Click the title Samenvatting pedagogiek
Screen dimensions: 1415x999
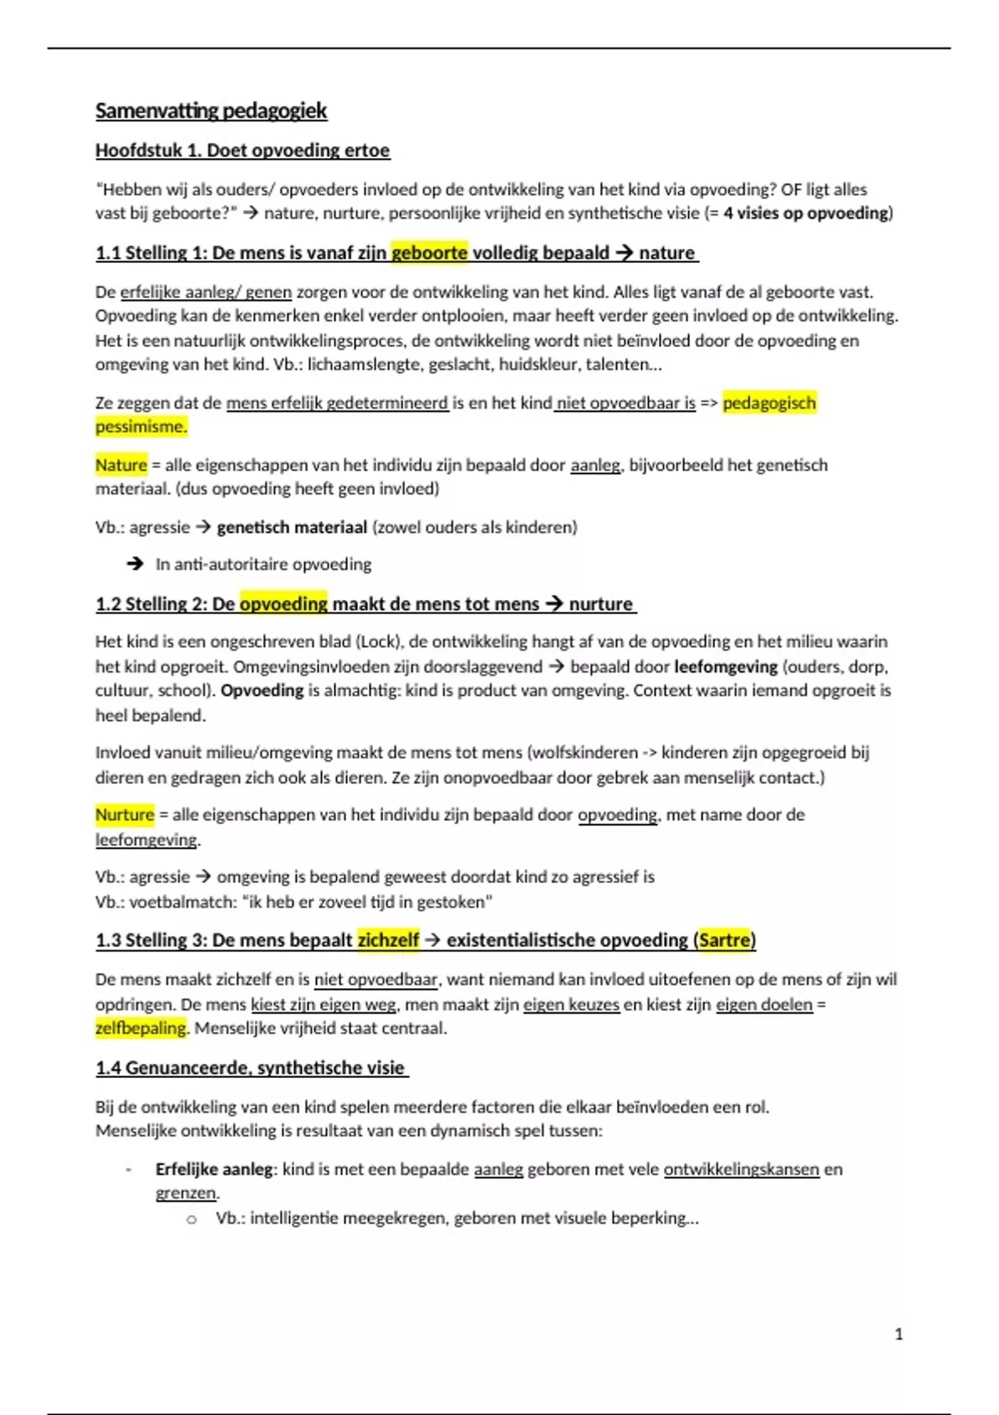tap(211, 111)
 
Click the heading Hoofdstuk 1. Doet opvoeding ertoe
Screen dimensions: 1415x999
tap(242, 151)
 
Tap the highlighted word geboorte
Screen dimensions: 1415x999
tap(430, 253)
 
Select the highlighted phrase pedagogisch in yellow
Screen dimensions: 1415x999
tap(769, 403)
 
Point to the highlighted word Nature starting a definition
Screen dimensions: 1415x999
tap(121, 465)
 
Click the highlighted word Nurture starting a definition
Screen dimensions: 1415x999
tap(125, 815)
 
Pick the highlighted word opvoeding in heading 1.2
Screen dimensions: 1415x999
tap(283, 604)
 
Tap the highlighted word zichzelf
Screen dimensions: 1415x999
tap(388, 941)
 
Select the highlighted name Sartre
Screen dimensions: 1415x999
tap(724, 941)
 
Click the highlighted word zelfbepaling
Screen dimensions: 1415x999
tap(141, 1029)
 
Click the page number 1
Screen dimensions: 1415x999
tap(898, 1334)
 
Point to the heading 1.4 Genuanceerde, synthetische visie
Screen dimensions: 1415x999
tap(251, 1068)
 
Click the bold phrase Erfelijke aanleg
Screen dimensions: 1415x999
tap(214, 1169)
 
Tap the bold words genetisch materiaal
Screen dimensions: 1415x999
tap(291, 528)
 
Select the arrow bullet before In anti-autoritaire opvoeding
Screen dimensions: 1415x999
tap(135, 564)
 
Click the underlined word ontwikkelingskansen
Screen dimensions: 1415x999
tap(741, 1169)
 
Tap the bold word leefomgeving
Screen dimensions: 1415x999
tap(726, 667)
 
